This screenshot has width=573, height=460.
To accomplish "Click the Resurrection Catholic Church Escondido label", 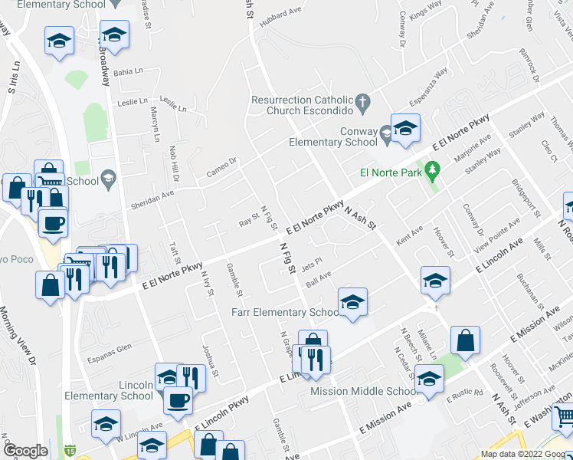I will pyautogui.click(x=302, y=105).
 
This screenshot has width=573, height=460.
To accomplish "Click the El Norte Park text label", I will pyautogui.click(x=392, y=173).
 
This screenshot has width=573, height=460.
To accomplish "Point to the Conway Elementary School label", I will pyautogui.click(x=334, y=136).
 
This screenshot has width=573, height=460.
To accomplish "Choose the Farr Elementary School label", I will pyautogui.click(x=286, y=312).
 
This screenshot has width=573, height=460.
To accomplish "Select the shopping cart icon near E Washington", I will pyautogui.click(x=565, y=416).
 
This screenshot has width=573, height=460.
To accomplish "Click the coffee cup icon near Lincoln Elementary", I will pyautogui.click(x=178, y=399).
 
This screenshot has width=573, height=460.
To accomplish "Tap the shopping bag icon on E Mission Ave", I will pyautogui.click(x=465, y=340).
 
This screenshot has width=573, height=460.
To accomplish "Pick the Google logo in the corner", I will pyautogui.click(x=25, y=452).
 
